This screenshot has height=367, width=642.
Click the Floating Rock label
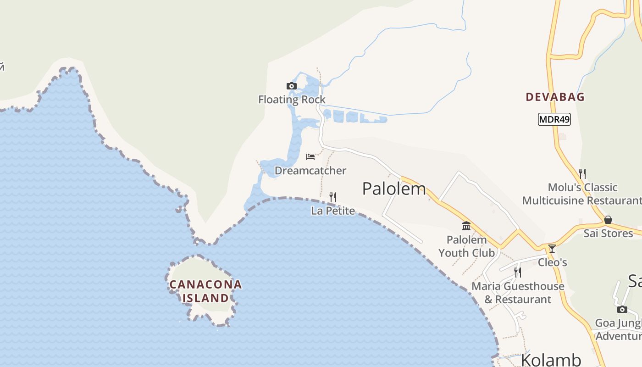click(292, 100)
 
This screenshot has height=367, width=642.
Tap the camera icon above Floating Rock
click(291, 86)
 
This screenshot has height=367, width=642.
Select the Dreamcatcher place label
click(310, 171)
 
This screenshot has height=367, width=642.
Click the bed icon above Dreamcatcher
click(310, 157)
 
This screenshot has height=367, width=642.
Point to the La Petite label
click(333, 211)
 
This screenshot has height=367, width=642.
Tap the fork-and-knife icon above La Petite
click(333, 197)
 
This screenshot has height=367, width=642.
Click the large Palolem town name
click(394, 189)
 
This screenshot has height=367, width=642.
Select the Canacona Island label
click(205, 291)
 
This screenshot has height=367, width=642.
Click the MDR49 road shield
click(554, 120)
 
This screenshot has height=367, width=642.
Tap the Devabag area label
click(555, 97)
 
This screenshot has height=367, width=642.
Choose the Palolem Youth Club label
click(467, 246)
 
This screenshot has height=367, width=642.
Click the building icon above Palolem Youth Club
click(467, 226)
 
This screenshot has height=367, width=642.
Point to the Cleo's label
click(552, 262)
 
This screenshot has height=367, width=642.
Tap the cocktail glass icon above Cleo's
click(552, 249)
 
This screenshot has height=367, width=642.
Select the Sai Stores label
click(608, 234)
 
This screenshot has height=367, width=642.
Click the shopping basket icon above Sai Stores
click(608, 220)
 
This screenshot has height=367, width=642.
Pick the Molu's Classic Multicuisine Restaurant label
click(582, 194)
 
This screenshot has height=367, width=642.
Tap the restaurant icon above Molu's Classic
click(582, 173)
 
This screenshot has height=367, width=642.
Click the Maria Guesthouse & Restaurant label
click(518, 293)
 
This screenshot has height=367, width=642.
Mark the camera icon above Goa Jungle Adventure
click(622, 309)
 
